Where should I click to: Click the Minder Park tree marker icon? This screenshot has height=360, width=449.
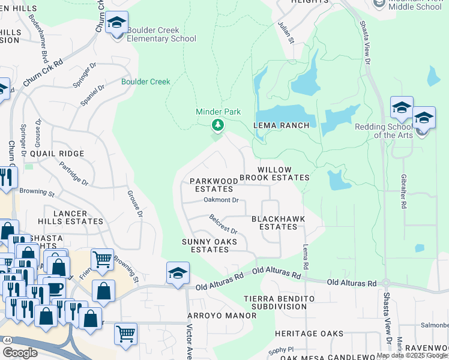tap(218, 125)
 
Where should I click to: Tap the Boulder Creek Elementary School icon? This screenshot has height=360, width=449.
tap(116, 25)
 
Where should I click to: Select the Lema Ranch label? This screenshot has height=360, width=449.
tap(281, 125)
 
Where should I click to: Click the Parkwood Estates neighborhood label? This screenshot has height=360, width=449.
tap(211, 185)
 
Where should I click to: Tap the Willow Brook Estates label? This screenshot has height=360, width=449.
tap(274, 173)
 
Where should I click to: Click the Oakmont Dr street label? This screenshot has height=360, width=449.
tap(221, 200)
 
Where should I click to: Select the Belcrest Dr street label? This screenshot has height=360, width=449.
tap(223, 224)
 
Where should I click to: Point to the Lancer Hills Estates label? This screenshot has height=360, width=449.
tap(70, 217)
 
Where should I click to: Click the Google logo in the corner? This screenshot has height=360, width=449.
tap(19, 353)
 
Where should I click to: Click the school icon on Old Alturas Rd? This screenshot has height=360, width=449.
tap(178, 274)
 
